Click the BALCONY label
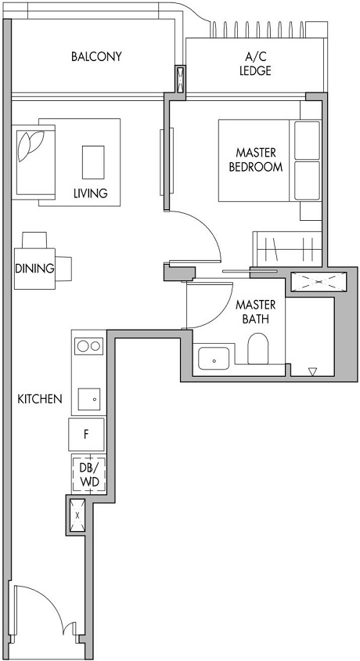click(x=96, y=57)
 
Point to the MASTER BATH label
click(x=255, y=311)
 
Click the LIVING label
click(x=91, y=193)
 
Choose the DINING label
click(x=34, y=269)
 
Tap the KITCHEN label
click(x=40, y=399)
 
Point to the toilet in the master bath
click(x=258, y=349)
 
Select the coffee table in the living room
click(x=93, y=161)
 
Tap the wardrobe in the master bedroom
click(x=286, y=251)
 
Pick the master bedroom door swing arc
click(x=200, y=235)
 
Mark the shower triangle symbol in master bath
click(x=312, y=372)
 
